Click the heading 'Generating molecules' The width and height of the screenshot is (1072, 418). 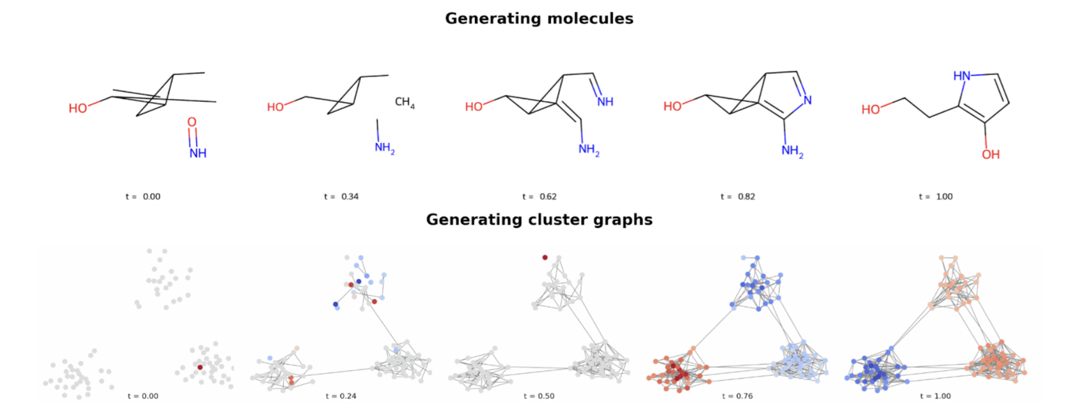pyautogui.click(x=539, y=18)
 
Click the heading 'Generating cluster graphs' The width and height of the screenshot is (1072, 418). pyautogui.click(x=539, y=219)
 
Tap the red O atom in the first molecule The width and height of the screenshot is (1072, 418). pyautogui.click(x=192, y=122)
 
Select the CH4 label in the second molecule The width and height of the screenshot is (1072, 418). pyautogui.click(x=404, y=102)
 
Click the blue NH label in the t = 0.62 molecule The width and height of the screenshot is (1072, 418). pyautogui.click(x=605, y=102)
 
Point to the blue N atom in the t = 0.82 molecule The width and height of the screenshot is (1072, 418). pyautogui.click(x=808, y=100)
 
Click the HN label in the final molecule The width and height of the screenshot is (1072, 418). pyautogui.click(x=962, y=76)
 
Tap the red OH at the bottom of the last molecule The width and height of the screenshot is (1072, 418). pyautogui.click(x=990, y=155)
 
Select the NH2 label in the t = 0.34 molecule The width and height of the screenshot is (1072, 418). pyautogui.click(x=385, y=147)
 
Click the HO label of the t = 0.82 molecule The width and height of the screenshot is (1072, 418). pyautogui.click(x=672, y=107)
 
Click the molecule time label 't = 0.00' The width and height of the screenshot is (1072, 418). pyautogui.click(x=143, y=197)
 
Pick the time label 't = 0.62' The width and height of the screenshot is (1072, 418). pyautogui.click(x=539, y=197)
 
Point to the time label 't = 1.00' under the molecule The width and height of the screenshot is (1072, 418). pyautogui.click(x=936, y=197)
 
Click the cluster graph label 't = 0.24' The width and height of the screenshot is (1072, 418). pyautogui.click(x=341, y=396)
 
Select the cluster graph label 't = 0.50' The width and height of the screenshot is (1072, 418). pyautogui.click(x=539, y=396)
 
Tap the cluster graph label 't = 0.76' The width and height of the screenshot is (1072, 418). pyautogui.click(x=737, y=396)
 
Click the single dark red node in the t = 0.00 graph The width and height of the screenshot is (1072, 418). pyautogui.click(x=200, y=367)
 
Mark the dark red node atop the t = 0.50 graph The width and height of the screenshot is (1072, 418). pyautogui.click(x=545, y=258)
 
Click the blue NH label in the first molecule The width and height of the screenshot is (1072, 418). pyautogui.click(x=198, y=153)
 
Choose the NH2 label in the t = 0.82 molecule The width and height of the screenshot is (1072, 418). pyautogui.click(x=792, y=151)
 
